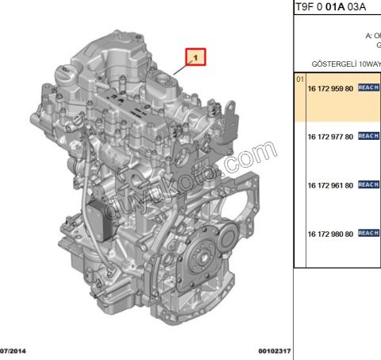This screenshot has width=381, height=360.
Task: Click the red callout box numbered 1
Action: [195, 57]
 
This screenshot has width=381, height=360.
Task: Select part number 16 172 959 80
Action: [330, 88]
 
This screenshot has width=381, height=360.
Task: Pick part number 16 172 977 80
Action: [330, 136]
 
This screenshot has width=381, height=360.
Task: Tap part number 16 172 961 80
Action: [330, 184]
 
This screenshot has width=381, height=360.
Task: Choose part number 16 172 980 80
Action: [330, 233]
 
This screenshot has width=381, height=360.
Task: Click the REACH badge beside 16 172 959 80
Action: [368, 88]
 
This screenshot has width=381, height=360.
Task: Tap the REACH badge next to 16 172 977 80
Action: [368, 136]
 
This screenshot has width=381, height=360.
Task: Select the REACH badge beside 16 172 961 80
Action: [368, 184]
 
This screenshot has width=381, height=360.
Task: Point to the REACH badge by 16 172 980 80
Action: [368, 233]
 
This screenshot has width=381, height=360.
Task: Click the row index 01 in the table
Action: [300, 80]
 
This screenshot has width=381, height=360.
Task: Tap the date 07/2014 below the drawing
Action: [15, 350]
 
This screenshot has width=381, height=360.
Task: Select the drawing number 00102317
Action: [275, 350]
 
